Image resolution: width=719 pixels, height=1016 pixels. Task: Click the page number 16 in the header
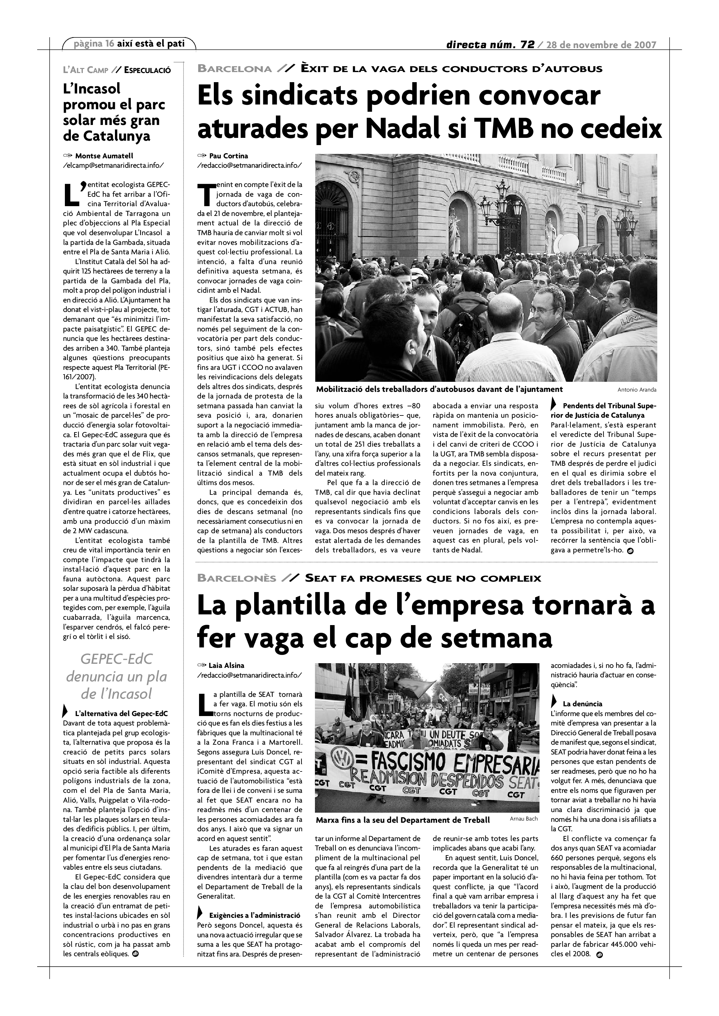(x=110, y=44)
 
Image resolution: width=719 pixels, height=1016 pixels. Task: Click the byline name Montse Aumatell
(x=104, y=156)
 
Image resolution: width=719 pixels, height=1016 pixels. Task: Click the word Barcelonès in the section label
(x=237, y=579)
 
